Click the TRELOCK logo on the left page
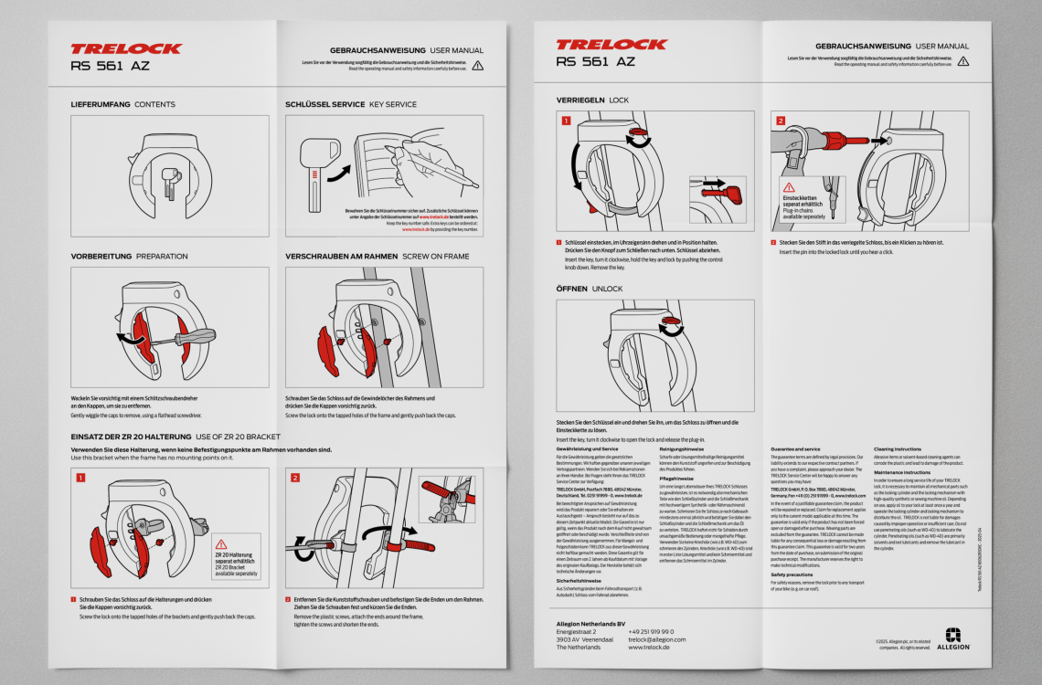point(125,48)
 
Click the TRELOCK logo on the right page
point(611,45)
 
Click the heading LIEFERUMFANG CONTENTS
point(122,104)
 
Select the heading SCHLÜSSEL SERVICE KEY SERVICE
point(350,104)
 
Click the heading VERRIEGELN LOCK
point(592,99)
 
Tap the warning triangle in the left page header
point(477,65)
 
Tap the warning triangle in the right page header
point(962,61)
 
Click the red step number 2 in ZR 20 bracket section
point(294,477)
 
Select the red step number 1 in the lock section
point(565,121)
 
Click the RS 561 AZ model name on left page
point(111,66)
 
